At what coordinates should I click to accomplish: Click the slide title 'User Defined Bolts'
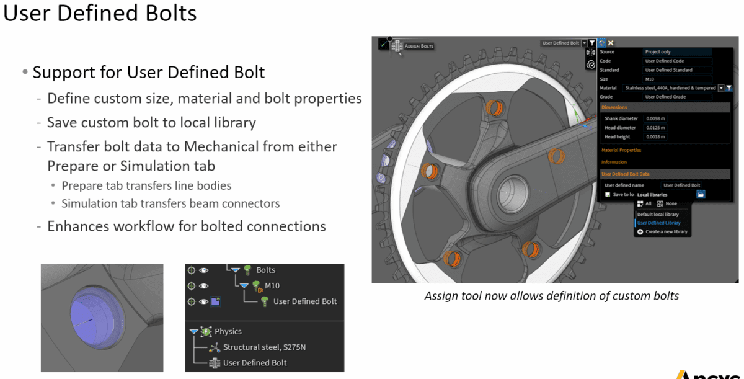click(x=100, y=13)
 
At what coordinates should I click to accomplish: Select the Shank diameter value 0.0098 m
click(x=655, y=118)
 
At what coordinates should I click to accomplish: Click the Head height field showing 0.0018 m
click(x=655, y=137)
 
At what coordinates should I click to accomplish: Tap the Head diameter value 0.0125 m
click(x=655, y=128)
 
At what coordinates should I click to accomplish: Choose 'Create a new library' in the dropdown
click(x=666, y=232)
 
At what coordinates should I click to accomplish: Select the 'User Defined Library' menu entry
click(x=658, y=223)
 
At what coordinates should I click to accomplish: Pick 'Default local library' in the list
click(x=658, y=215)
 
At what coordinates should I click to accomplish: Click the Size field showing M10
click(x=677, y=79)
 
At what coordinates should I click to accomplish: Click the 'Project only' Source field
click(x=677, y=52)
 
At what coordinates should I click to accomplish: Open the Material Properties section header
click(x=621, y=150)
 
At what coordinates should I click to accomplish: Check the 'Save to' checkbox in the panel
click(x=608, y=195)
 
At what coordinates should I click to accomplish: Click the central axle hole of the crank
click(x=514, y=186)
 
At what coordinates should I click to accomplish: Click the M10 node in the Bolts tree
click(x=272, y=286)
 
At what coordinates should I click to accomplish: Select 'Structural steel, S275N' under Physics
click(x=264, y=347)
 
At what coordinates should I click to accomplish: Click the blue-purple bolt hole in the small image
click(x=91, y=316)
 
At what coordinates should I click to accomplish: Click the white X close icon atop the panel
click(x=611, y=43)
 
